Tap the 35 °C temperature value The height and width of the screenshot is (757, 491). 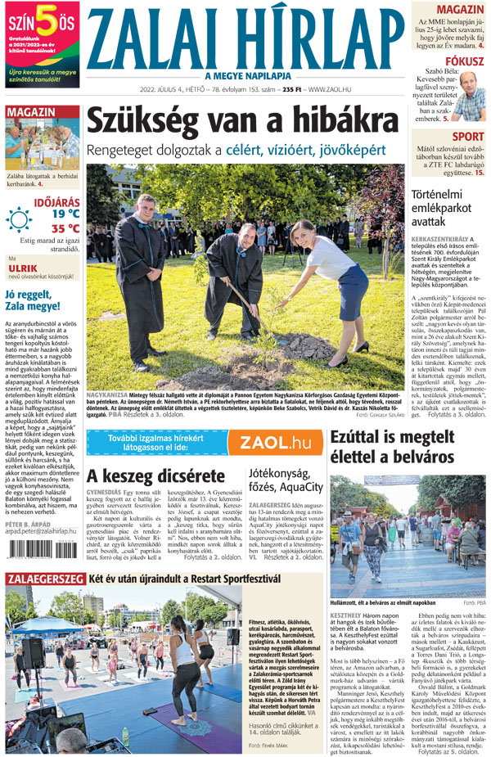pos(65,229)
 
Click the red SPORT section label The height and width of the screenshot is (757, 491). pos(468,137)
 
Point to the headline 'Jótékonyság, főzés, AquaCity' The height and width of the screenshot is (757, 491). pos(278,481)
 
